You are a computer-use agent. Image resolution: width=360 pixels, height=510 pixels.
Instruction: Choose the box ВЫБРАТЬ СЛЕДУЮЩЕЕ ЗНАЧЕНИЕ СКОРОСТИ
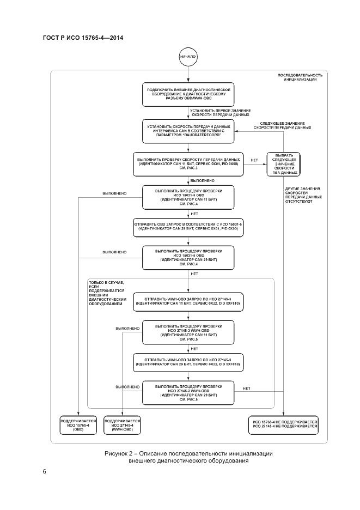coord(284,165)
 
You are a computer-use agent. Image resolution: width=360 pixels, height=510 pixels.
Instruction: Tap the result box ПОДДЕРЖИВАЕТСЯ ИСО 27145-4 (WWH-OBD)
coord(123,425)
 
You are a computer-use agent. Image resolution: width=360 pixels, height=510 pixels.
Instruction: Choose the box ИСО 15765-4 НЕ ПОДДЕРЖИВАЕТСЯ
coord(283,425)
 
